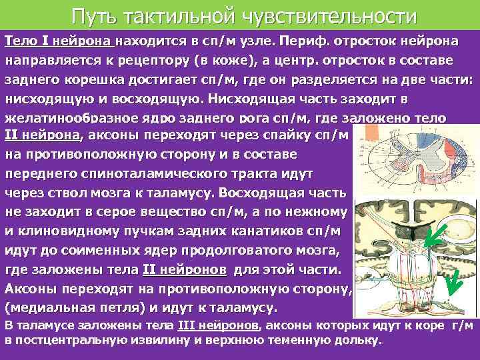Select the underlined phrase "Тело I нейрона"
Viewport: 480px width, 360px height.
pyautogui.click(x=59, y=41)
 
